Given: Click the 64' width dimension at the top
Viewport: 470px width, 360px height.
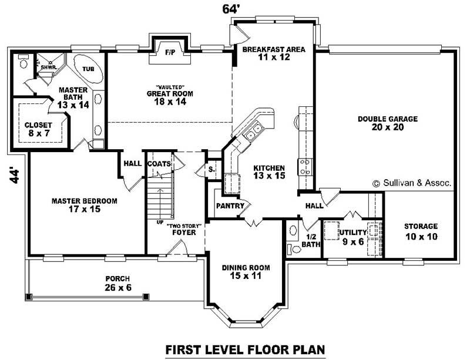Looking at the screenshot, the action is pos(231,9).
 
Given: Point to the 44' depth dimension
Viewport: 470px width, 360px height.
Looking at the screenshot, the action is pos(14,175).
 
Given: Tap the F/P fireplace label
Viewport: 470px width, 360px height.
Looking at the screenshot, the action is pos(170,53).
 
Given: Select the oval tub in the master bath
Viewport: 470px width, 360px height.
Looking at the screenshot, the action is pos(88,69).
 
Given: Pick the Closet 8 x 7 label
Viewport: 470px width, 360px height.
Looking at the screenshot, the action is pos(38,129).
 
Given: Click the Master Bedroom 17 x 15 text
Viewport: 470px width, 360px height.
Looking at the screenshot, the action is pos(84,205).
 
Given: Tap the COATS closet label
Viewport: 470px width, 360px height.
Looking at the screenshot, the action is pos(159,164).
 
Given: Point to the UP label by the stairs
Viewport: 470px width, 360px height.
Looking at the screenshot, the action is pos(160,223).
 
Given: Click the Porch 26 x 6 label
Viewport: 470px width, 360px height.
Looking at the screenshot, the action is pos(118,283).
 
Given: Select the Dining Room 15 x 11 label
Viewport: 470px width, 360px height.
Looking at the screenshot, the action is pos(246,271).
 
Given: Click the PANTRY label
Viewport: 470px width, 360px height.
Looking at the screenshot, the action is pos(230,206).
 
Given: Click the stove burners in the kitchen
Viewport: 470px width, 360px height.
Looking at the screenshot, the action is pos(305,167).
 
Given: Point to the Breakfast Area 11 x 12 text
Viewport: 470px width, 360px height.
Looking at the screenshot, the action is pos(274,53).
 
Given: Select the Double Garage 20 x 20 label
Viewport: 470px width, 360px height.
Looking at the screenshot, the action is pos(388,123).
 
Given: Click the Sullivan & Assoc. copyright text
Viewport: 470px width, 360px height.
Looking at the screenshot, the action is pos(412,183).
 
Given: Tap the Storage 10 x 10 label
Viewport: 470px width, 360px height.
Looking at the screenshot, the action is pos(421,232).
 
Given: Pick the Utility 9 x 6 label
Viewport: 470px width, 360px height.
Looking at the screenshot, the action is pos(353,237).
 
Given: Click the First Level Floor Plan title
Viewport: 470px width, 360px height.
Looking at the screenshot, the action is pos(245,349).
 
